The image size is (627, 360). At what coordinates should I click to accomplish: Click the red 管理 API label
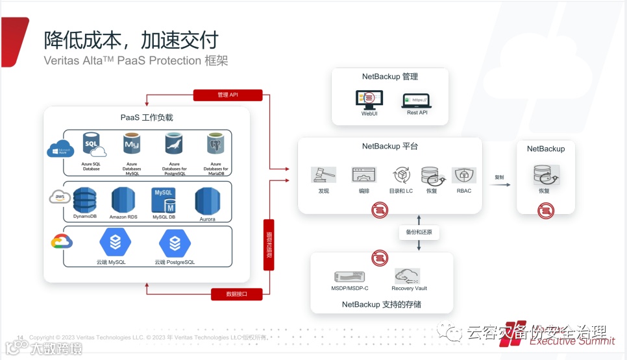(x=227, y=95)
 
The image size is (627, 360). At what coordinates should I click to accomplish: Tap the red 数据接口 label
(x=236, y=294)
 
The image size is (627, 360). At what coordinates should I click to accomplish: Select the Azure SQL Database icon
(x=92, y=144)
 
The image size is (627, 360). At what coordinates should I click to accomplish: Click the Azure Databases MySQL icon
(x=132, y=144)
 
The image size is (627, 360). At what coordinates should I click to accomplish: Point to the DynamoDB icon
(x=84, y=200)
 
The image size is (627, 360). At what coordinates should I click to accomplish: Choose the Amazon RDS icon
(x=122, y=200)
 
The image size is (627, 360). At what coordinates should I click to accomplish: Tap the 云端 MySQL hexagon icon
(x=116, y=243)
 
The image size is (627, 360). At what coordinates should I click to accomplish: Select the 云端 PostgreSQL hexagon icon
(x=175, y=243)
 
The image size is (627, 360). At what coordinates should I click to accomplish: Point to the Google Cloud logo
(x=62, y=242)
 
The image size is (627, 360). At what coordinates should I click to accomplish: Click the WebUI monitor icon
(x=369, y=99)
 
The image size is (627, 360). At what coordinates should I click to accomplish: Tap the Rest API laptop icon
(x=417, y=101)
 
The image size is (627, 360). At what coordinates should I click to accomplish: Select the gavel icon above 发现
(x=323, y=175)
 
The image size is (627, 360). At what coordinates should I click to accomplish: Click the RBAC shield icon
(x=463, y=175)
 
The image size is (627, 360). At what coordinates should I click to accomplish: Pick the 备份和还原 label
(x=418, y=232)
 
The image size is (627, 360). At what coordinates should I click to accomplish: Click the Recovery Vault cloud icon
(x=408, y=276)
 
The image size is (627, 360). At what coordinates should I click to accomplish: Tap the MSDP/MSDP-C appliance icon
(x=350, y=276)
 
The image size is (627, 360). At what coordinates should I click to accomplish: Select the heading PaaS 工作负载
(x=147, y=117)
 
